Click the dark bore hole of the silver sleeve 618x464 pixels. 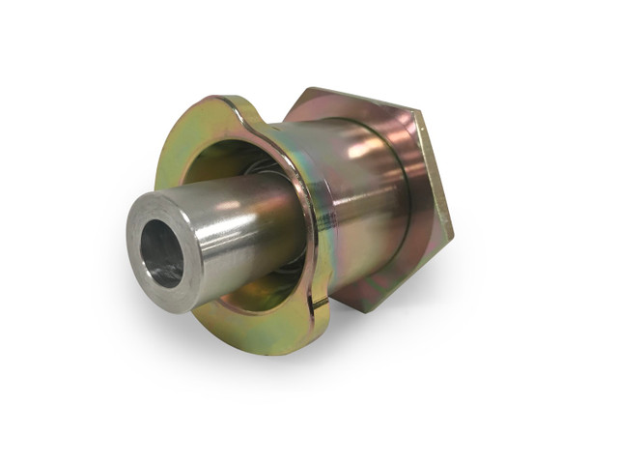click(x=161, y=254)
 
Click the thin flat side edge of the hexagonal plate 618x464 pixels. click(x=435, y=174)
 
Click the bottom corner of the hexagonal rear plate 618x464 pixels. click(x=366, y=311)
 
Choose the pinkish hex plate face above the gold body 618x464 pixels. click(x=357, y=108)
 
